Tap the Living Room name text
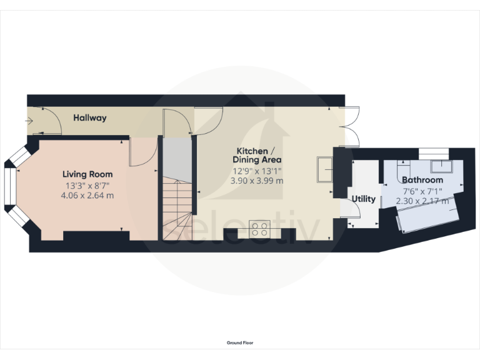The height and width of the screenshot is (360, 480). coord(87,174)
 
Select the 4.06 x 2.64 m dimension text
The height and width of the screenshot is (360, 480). coord(87,196)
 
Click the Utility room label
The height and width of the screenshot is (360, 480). coord(364,199)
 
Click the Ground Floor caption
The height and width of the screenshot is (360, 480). coord(240,343)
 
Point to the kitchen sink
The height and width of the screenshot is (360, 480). coord(326,169)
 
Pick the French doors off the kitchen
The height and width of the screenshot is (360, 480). coord(349,127)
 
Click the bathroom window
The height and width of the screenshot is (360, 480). coord(434,151)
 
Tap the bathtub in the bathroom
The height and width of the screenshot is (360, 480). coord(429,215)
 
